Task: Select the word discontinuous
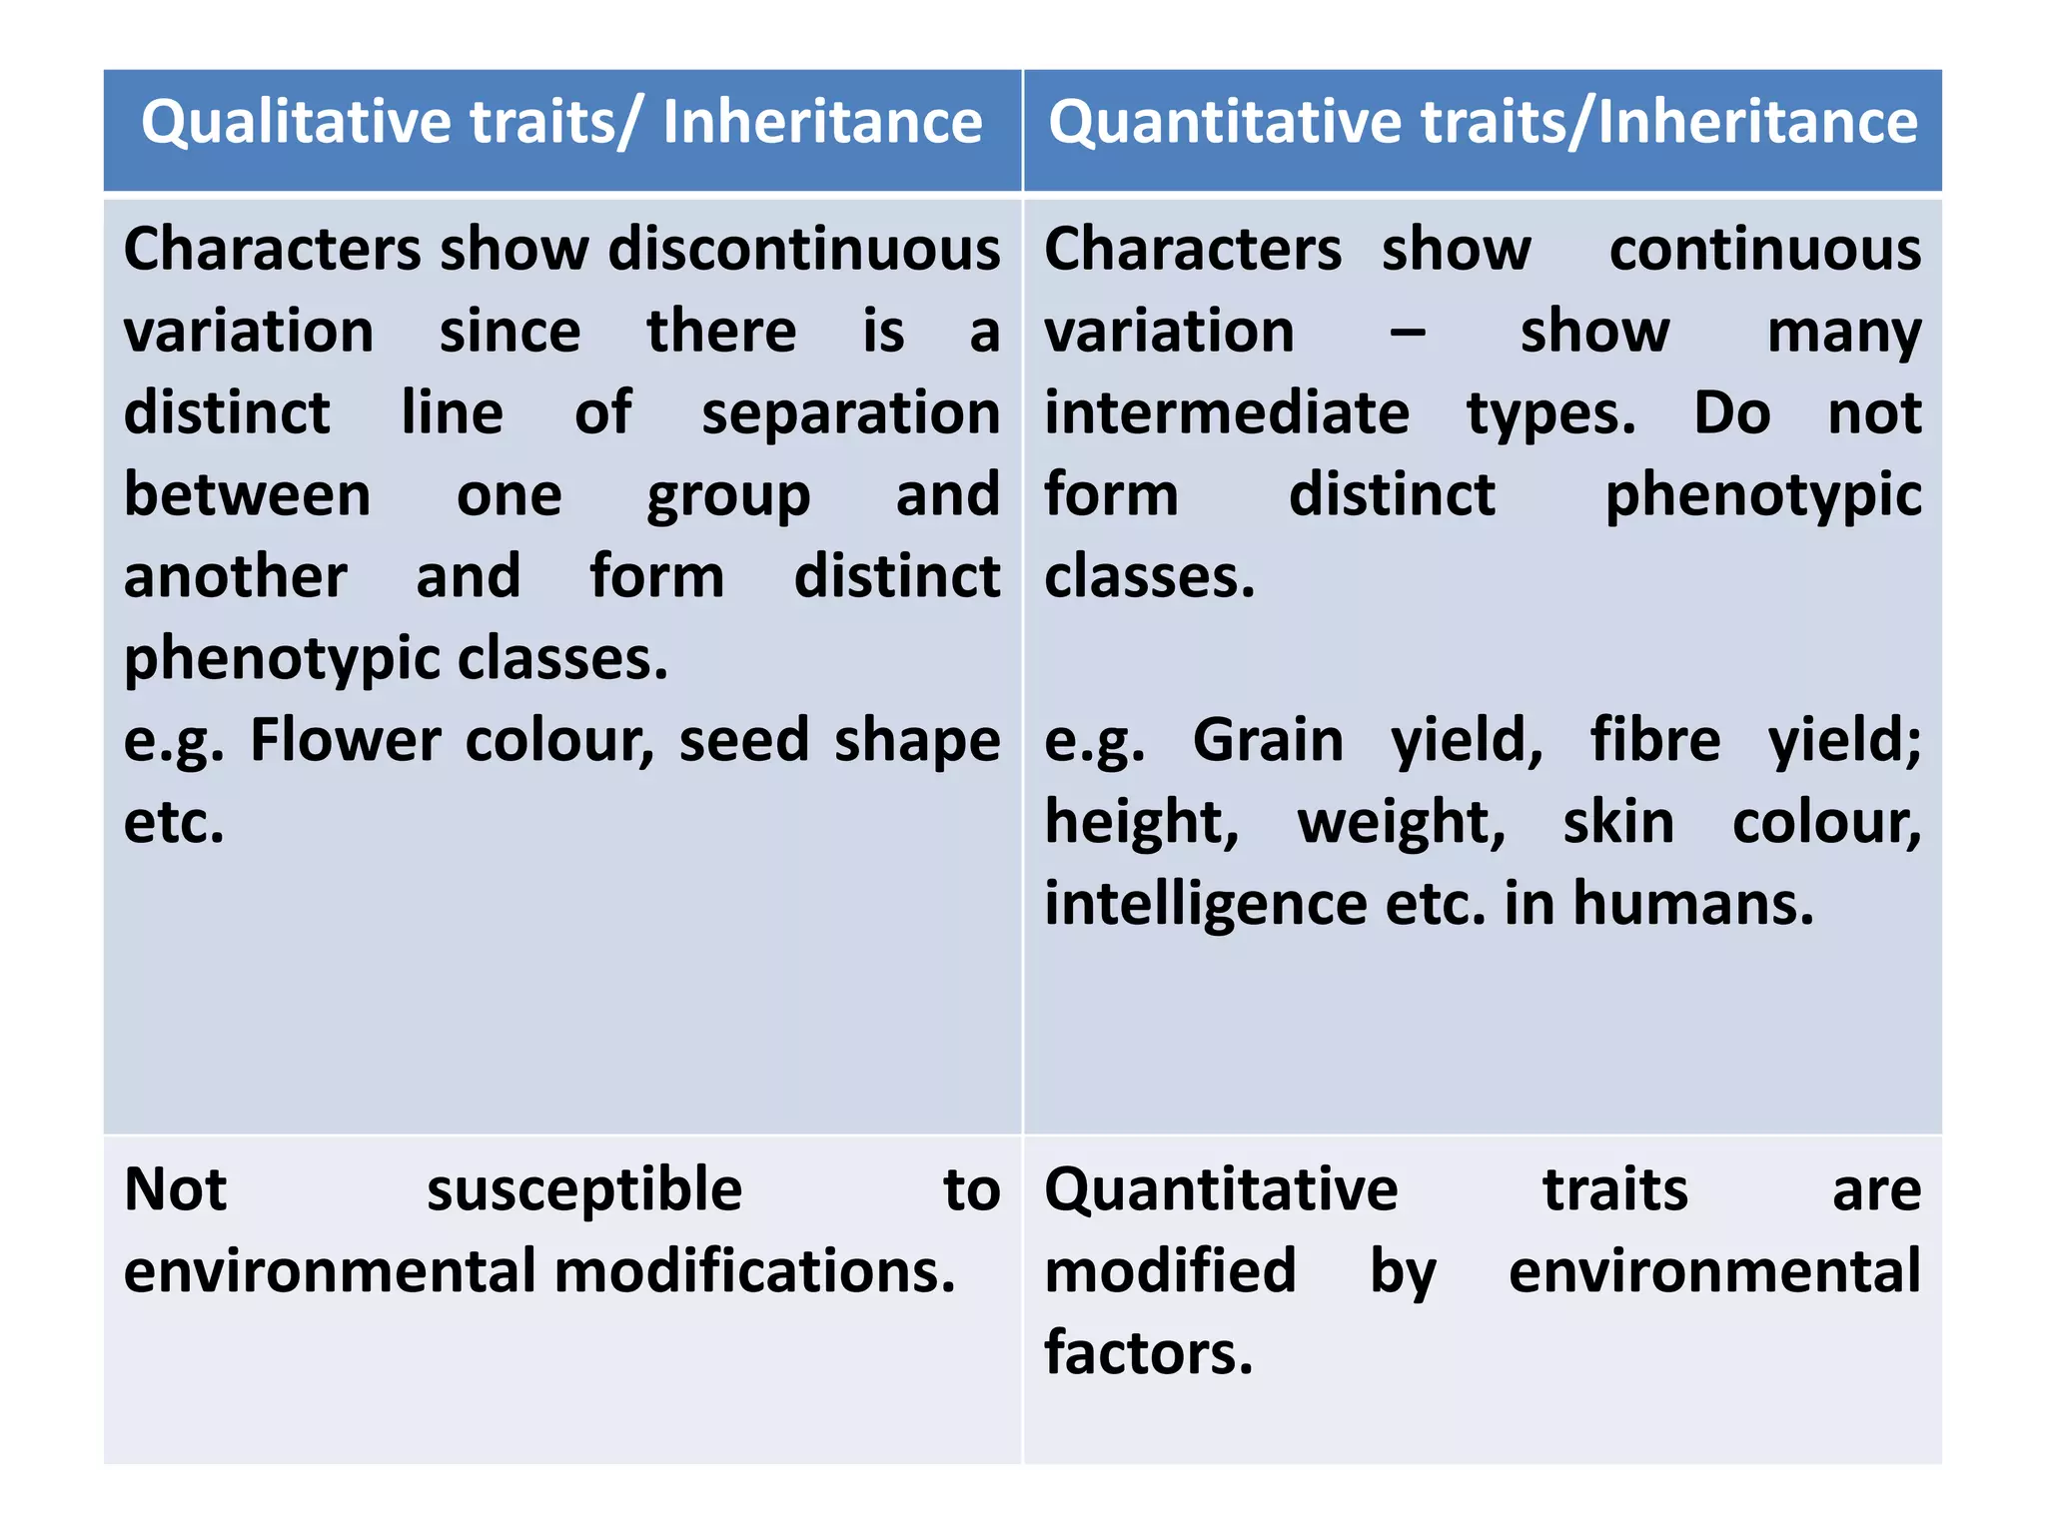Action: click(x=804, y=249)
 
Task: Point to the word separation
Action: click(x=850, y=413)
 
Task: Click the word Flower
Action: click(x=345, y=741)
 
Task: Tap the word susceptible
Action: click(x=584, y=1190)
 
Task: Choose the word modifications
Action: click(x=754, y=1272)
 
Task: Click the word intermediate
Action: click(x=1227, y=413)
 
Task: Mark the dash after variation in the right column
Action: click(x=1407, y=333)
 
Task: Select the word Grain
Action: click(x=1268, y=741)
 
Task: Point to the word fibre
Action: click(x=1655, y=741)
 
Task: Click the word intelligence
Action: click(x=1205, y=905)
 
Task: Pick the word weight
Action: click(x=1401, y=823)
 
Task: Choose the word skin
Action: click(x=1618, y=823)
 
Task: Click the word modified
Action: click(x=1170, y=1272)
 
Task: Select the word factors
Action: click(x=1148, y=1354)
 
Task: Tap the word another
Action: click(x=236, y=577)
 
